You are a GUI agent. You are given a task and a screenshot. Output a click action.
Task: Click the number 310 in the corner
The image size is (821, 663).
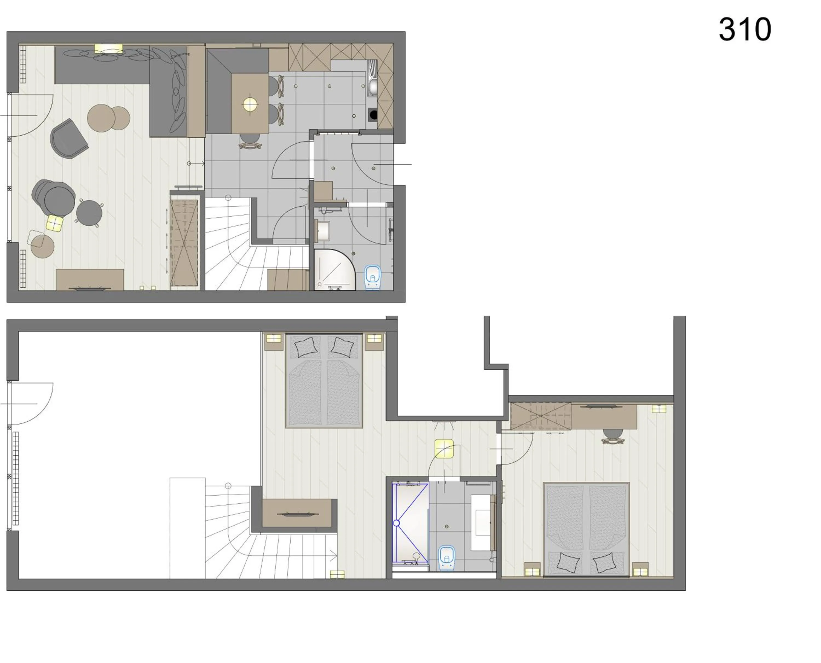745,30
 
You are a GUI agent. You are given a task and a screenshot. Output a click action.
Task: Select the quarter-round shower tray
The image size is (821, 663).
333,269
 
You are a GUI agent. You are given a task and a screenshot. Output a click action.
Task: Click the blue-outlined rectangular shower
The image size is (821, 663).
410,523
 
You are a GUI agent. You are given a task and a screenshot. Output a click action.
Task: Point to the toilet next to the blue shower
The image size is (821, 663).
447,558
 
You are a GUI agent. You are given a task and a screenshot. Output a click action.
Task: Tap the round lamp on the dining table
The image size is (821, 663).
250,104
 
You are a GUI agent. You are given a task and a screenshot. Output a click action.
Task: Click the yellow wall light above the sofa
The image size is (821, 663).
108,49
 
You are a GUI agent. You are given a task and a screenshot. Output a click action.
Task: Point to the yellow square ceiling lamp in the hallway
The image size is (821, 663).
444,448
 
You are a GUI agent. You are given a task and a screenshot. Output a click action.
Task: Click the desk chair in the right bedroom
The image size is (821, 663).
612,435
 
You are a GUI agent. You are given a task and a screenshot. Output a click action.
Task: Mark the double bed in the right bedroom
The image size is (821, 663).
586,529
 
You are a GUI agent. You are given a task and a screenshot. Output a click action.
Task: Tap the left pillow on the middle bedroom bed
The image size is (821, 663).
306,347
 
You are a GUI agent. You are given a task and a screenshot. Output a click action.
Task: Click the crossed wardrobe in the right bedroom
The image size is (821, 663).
540,416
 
